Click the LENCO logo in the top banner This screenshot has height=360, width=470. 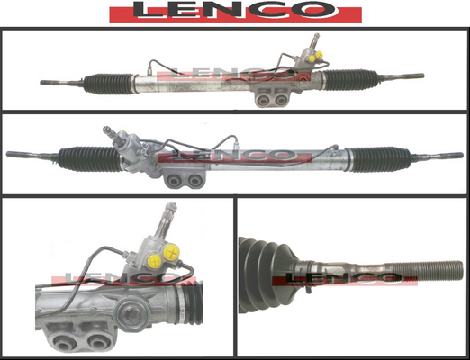point(235,12)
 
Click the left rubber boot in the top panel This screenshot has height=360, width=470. point(109,83)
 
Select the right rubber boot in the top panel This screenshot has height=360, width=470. point(350,80)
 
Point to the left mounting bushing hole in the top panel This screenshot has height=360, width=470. point(264,101)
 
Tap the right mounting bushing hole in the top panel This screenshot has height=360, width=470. point(281,100)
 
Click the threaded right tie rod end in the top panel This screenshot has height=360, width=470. point(402,76)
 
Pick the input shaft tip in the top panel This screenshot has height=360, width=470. point(315,37)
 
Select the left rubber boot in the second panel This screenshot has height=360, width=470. point(90,159)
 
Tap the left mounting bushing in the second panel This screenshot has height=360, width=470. point(175,181)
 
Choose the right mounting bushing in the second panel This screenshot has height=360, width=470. point(194,181)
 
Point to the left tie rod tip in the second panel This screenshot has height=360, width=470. point(8,155)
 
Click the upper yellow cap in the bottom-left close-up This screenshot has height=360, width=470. point(172,252)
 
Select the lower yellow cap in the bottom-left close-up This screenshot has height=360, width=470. point(155,262)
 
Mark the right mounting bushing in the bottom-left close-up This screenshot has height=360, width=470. point(97,341)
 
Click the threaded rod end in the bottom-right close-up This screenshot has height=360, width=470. point(425,270)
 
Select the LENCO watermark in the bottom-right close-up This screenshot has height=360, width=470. point(345,278)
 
